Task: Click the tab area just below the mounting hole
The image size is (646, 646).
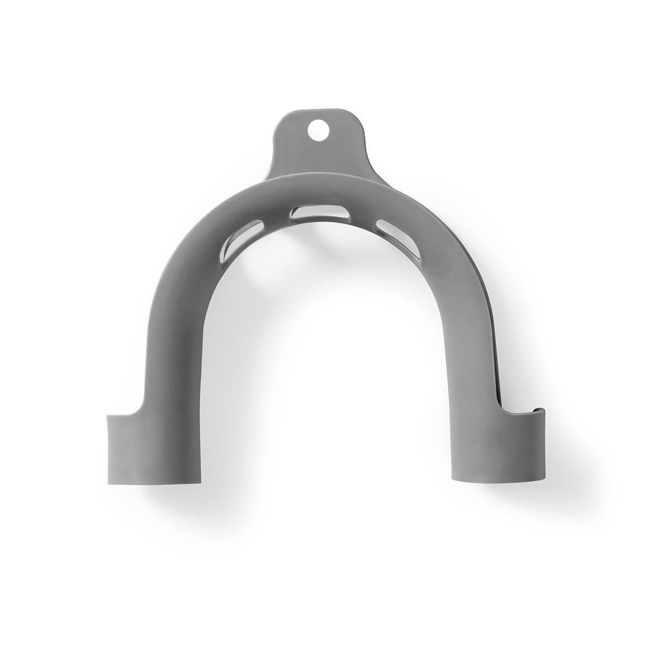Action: pyautogui.click(x=318, y=153)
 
